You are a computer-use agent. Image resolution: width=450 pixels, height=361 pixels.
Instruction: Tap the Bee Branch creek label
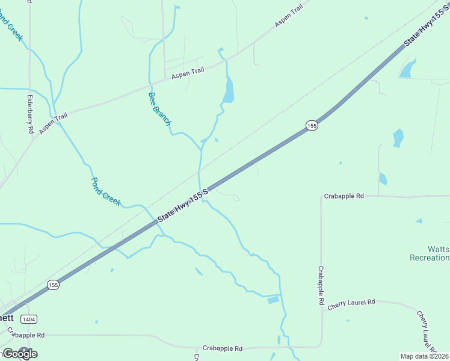159,109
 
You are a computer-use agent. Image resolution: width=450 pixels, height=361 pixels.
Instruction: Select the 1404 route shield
28,318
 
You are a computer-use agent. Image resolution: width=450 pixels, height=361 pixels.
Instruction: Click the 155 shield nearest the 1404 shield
54,285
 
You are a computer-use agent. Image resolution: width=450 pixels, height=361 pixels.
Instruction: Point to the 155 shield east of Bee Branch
311,125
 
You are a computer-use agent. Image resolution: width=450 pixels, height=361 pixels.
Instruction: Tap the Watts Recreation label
430,253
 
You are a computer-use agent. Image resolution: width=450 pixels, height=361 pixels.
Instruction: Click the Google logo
20,354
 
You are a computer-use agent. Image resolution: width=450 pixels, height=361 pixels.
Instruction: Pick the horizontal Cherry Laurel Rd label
351,305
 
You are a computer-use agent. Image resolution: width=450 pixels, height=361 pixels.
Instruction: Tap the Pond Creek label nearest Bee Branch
106,190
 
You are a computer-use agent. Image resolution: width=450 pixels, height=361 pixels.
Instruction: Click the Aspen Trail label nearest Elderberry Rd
54,123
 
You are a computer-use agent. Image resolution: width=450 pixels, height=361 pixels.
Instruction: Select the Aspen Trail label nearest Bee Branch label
188,73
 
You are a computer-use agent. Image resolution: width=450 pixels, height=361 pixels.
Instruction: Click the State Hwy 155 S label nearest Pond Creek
182,206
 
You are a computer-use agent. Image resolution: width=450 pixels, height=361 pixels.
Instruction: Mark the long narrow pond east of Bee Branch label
228,91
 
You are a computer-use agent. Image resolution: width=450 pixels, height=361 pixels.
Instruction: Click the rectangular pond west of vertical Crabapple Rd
273,300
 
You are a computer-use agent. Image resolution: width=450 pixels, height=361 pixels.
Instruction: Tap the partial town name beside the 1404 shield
7,317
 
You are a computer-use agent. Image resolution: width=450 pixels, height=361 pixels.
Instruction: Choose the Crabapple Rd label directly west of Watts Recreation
344,196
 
